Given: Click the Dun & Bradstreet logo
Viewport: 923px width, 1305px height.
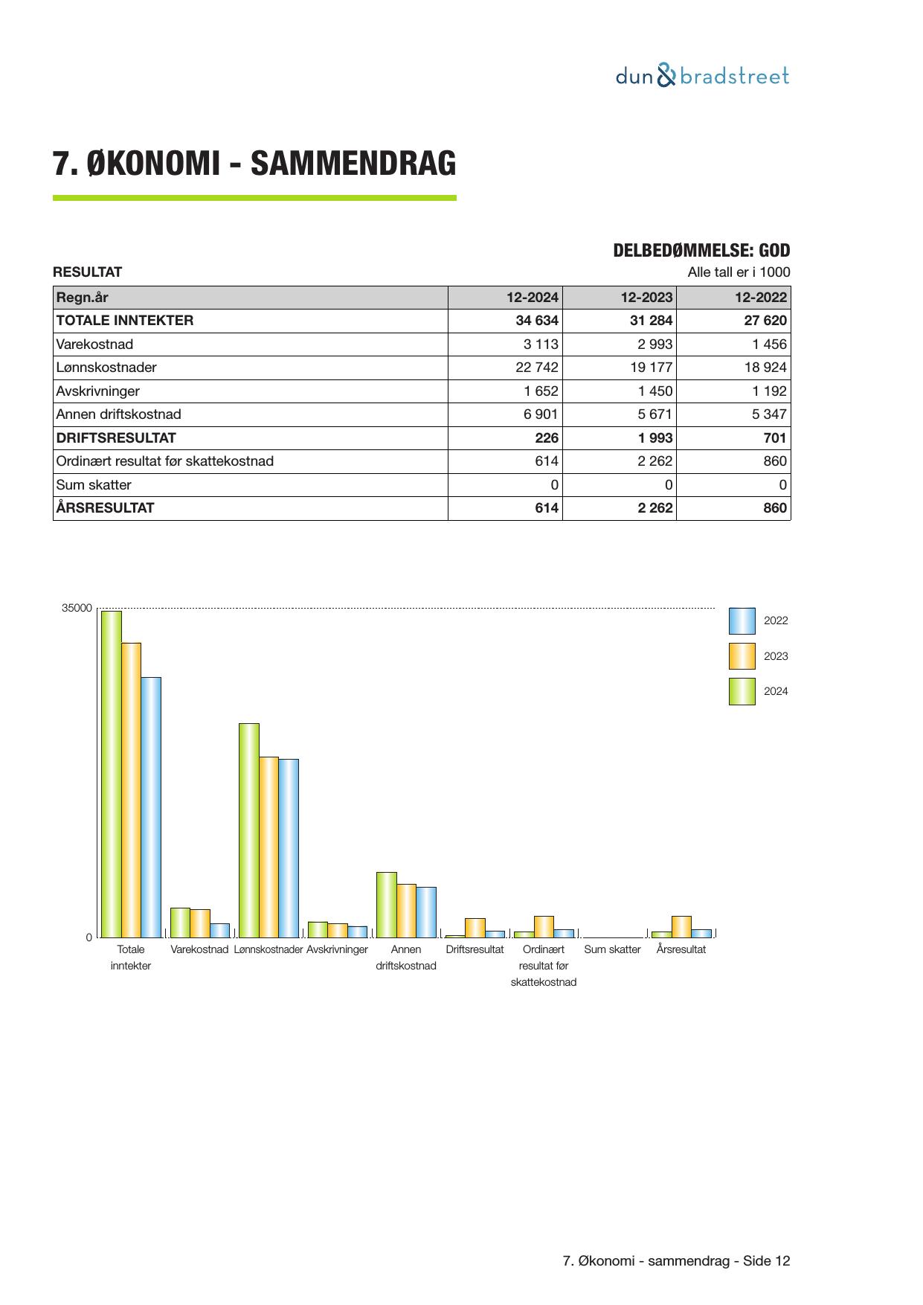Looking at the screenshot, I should [702, 76].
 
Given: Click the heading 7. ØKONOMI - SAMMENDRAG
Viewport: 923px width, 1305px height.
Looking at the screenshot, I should [254, 164].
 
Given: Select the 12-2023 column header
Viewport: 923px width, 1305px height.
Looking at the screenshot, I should [646, 298].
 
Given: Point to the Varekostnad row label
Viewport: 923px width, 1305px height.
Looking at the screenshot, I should [94, 344].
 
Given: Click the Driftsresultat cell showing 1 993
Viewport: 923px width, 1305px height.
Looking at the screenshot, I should [655, 438].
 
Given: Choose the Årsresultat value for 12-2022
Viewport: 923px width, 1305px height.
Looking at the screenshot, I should [774, 508].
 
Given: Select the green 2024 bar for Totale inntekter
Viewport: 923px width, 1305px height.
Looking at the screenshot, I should [112, 774].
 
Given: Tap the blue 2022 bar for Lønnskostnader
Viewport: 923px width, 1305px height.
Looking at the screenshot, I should [289, 848].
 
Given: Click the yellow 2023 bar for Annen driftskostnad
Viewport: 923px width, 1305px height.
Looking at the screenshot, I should [406, 911].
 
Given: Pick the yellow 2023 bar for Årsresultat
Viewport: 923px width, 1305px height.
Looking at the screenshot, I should [681, 926].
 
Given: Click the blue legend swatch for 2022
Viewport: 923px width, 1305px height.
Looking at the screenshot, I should [742, 621].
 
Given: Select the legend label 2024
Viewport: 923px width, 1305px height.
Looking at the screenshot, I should [776, 691].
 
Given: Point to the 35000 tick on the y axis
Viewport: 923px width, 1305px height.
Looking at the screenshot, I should [77, 609].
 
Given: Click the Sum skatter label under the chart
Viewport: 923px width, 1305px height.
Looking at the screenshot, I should [612, 950].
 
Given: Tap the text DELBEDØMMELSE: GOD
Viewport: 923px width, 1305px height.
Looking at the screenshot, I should [701, 251].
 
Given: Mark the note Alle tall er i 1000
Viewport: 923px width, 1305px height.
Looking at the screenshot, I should [739, 272].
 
